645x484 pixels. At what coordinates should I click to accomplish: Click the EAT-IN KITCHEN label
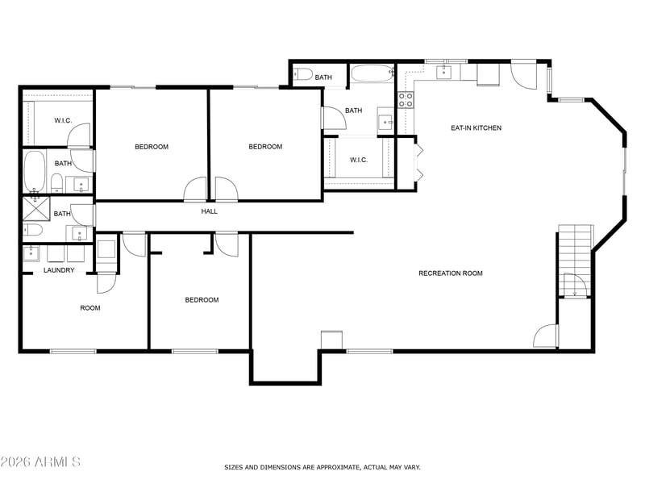pyautogui.click(x=476, y=128)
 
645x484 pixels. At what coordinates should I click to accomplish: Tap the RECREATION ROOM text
pyautogui.click(x=451, y=273)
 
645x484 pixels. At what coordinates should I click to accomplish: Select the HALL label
pyautogui.click(x=209, y=211)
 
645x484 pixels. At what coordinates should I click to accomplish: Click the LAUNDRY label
pyautogui.click(x=59, y=270)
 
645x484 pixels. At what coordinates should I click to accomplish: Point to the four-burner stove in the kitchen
pyautogui.click(x=406, y=100)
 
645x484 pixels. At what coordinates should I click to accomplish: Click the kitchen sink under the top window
pyautogui.click(x=443, y=72)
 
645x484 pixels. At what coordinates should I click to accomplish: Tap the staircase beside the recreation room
pyautogui.click(x=575, y=261)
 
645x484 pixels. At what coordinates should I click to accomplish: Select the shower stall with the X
pyautogui.click(x=36, y=208)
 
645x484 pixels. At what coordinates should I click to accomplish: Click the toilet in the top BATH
pyautogui.click(x=302, y=74)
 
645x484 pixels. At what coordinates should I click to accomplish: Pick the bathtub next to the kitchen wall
pyautogui.click(x=372, y=73)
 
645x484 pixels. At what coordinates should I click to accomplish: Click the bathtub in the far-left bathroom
pyautogui.click(x=34, y=171)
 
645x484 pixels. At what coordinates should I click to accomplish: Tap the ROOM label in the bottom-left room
pyautogui.click(x=90, y=308)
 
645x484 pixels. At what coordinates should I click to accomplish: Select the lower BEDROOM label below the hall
pyautogui.click(x=202, y=300)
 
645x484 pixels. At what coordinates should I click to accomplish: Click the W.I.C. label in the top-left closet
pyautogui.click(x=63, y=120)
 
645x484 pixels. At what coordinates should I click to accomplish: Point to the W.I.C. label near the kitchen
pyautogui.click(x=359, y=160)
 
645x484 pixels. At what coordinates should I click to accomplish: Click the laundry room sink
pyautogui.click(x=31, y=253)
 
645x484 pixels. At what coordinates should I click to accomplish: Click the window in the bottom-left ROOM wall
pyautogui.click(x=73, y=351)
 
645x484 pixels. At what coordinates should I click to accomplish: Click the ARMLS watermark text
pyautogui.click(x=57, y=461)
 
